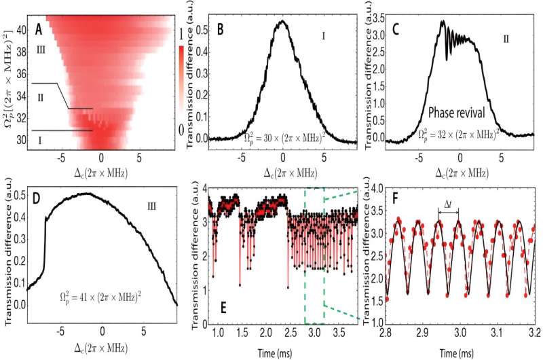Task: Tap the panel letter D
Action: (x=39, y=200)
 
